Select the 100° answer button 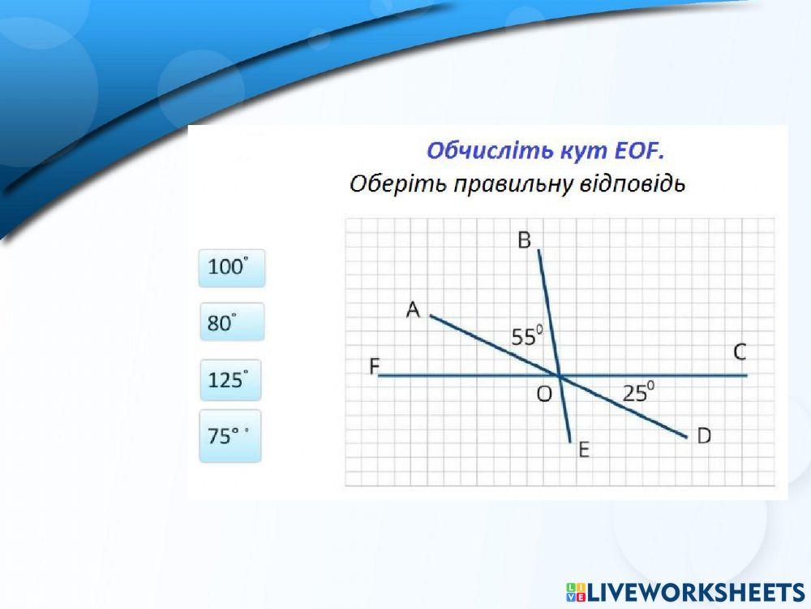point(231,268)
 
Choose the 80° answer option point(231,322)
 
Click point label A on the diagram point(414,309)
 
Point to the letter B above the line point(524,240)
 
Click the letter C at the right point(740,352)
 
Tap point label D point(704,436)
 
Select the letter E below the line point(583,451)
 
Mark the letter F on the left point(375,367)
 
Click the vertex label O point(544,394)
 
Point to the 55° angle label point(526,335)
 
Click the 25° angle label point(638,393)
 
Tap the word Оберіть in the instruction point(398,184)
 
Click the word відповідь point(633,184)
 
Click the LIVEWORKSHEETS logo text point(694,591)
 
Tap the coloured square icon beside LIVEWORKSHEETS point(575,591)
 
